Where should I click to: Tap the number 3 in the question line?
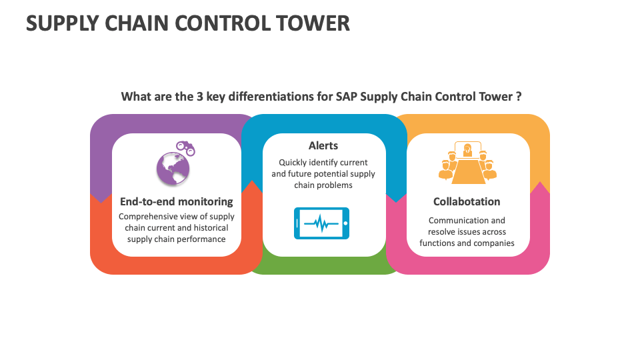pos(199,96)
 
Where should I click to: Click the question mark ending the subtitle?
pos(518,96)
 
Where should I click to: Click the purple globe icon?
pos(173,169)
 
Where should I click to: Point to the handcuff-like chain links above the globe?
pos(185,147)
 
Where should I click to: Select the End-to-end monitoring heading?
pos(176,201)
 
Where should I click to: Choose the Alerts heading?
pos(323,145)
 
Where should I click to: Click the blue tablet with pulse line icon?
pos(321,223)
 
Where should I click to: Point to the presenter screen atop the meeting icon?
pos(467,149)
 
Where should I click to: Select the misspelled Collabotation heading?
pos(467,201)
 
